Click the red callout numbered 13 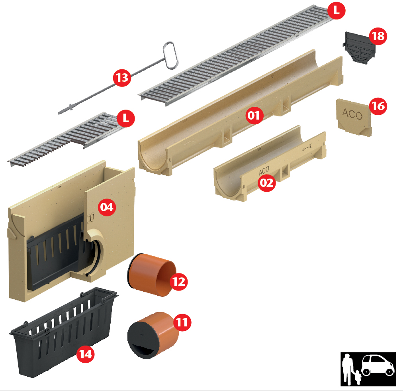pos(122,77)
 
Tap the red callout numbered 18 pos(378,36)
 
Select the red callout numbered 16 pos(378,106)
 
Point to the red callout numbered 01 pos(254,115)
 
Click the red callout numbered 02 pos(267,183)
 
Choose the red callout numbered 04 pos(107,207)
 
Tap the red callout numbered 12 pos(179,282)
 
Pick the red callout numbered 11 pos(182,322)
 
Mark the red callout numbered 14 pos(86,354)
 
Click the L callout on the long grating pos(336,10)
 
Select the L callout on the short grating pos(126,118)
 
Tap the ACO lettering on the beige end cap pos(352,114)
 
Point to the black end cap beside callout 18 pos(359,47)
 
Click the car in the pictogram pos(378,365)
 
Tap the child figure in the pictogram pos(358,377)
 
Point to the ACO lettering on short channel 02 pos(264,171)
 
